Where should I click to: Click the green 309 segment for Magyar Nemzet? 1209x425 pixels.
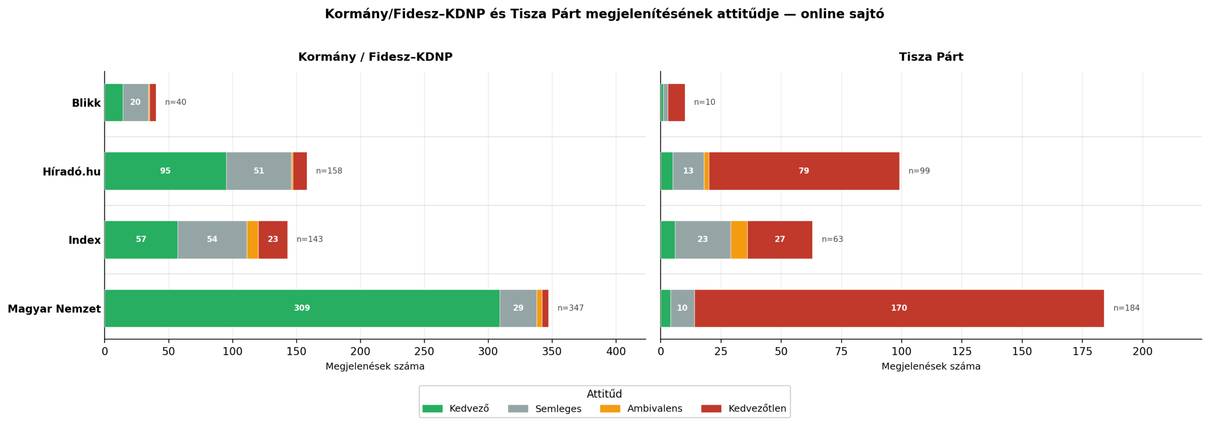[x=302, y=308]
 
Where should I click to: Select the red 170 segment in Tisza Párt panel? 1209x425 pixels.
[x=899, y=308]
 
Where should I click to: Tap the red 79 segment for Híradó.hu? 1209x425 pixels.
[x=803, y=171]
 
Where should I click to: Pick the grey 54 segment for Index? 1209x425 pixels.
[x=212, y=240]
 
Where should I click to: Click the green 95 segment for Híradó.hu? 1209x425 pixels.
[x=165, y=171]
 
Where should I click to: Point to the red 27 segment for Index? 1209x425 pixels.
[x=779, y=240]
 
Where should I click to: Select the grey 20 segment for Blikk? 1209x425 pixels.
[x=136, y=102]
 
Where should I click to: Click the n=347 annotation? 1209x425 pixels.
[x=570, y=308]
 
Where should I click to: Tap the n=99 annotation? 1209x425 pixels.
[x=919, y=171]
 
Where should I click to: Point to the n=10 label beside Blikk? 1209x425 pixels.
[x=704, y=102]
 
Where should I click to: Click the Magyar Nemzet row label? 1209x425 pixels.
[x=54, y=309]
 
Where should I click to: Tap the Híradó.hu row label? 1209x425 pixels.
[x=71, y=172]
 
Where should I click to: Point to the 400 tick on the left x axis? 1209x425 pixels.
[x=616, y=351]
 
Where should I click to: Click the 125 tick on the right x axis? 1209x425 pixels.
[x=962, y=351]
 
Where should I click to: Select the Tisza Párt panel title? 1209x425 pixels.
[x=930, y=57]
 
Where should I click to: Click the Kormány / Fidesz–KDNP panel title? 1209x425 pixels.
[x=375, y=57]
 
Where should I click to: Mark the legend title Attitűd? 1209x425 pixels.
[x=604, y=394]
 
